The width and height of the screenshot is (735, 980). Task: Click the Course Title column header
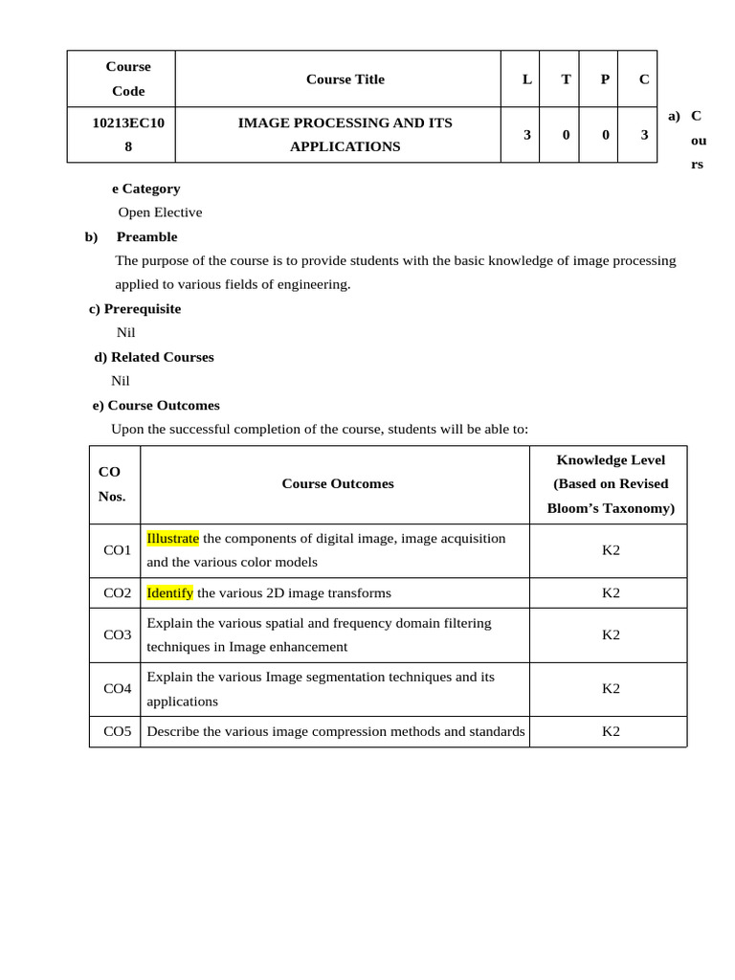tap(345, 79)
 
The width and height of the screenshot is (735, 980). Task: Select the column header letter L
tap(526, 79)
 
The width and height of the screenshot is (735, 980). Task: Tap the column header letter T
tap(566, 79)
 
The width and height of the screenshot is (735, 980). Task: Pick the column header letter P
tap(605, 79)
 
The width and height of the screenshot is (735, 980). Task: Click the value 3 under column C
tap(644, 135)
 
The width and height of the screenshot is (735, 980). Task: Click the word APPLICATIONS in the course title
tap(345, 147)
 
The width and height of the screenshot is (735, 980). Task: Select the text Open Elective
tap(160, 212)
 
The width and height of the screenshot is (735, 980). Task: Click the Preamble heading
tap(146, 236)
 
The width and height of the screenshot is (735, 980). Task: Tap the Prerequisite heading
tap(142, 309)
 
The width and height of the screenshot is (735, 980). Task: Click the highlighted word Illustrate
tap(172, 539)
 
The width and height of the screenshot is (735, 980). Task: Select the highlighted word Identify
tap(169, 593)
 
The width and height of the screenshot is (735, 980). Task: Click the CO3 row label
tap(118, 635)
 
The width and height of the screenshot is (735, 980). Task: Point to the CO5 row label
tap(118, 732)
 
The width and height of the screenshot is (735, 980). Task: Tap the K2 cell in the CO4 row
tap(611, 688)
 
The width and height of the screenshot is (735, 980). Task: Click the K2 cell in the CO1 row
tap(611, 550)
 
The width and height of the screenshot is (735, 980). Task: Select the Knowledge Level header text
tap(611, 460)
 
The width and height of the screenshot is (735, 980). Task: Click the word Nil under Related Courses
tap(120, 381)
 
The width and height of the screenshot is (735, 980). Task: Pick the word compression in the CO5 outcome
tap(347, 732)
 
